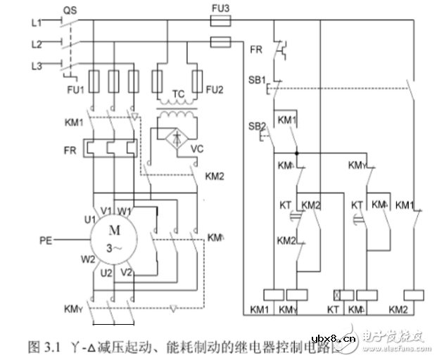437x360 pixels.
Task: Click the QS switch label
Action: pyautogui.click(x=70, y=10)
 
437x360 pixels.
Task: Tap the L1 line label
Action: pyautogui.click(x=37, y=22)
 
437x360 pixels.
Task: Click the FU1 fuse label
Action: pyautogui.click(x=75, y=90)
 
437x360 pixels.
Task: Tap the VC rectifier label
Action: pyautogui.click(x=198, y=149)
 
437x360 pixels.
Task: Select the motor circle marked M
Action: pyautogui.click(x=113, y=239)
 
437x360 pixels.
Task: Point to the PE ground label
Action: pyautogui.click(x=46, y=240)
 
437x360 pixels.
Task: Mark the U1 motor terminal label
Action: pyautogui.click(x=90, y=220)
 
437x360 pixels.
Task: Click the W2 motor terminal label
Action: pyautogui.click(x=89, y=259)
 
